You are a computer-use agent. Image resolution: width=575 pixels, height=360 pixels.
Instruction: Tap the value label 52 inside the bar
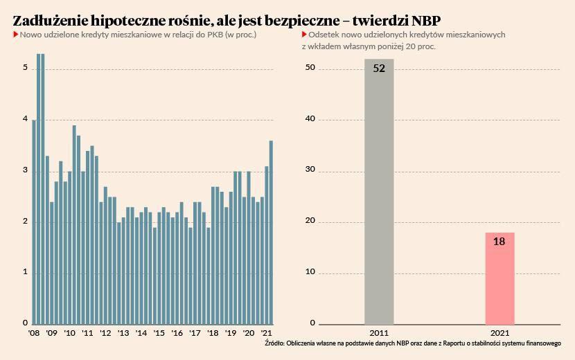(x=379, y=69)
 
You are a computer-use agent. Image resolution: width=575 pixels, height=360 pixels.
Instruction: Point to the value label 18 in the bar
(x=499, y=242)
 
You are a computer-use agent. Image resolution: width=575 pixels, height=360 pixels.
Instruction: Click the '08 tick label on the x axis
(x=33, y=333)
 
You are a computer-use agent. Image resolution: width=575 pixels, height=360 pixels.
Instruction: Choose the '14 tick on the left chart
(x=141, y=333)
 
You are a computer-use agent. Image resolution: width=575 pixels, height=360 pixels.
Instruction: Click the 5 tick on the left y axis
(x=25, y=68)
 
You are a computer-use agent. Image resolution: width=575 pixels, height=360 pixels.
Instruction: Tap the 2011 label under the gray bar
(x=379, y=333)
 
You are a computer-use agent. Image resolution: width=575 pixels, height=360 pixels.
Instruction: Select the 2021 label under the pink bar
(x=499, y=333)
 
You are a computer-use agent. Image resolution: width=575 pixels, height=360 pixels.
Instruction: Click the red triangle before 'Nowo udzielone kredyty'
(x=15, y=34)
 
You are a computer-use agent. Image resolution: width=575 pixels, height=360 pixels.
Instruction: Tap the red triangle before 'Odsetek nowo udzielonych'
(x=304, y=34)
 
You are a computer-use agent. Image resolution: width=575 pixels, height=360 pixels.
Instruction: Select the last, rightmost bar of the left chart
(x=271, y=232)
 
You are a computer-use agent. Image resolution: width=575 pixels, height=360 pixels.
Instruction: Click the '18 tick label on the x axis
(x=213, y=333)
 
